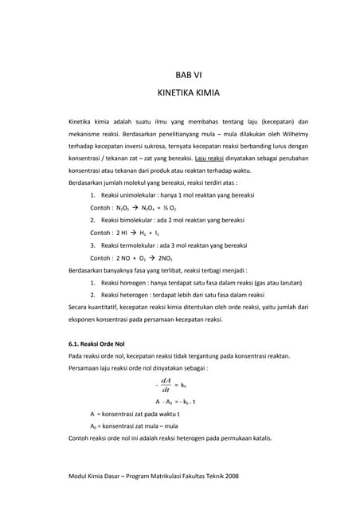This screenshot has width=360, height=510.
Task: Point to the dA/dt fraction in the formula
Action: pyautogui.click(x=166, y=385)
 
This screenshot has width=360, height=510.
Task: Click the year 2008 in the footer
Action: pyautogui.click(x=231, y=476)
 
